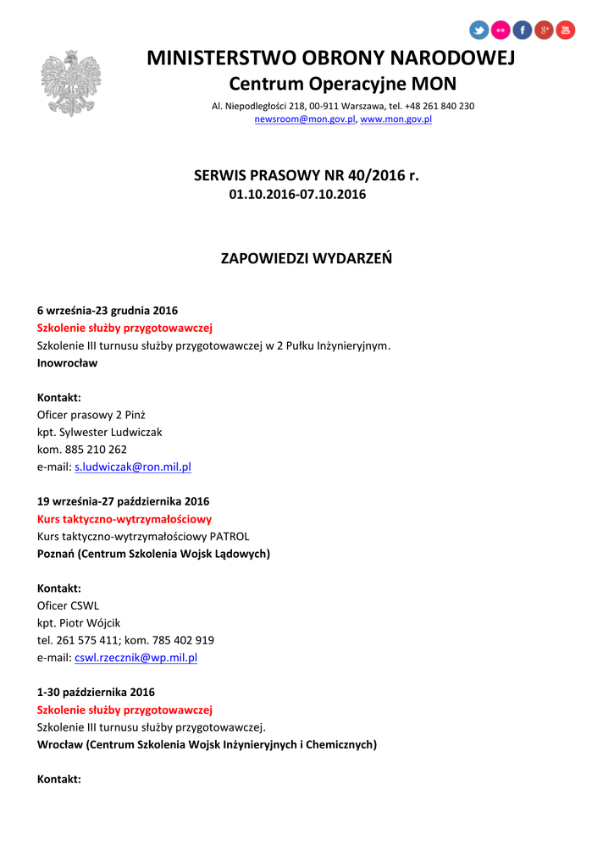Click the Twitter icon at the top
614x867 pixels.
point(479,30)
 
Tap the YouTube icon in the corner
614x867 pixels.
point(565,30)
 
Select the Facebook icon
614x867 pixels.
point(522,30)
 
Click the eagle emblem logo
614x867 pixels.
point(70,83)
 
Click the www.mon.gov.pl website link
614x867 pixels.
point(396,119)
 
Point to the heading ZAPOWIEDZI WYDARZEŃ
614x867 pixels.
point(307,258)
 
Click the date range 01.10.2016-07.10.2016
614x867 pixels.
point(297,195)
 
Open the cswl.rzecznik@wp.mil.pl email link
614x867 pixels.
point(136,657)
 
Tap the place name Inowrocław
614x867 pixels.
point(68,363)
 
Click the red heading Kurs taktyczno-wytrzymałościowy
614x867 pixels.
point(124,519)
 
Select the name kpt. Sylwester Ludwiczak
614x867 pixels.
point(100,432)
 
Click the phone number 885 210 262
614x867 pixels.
point(96,450)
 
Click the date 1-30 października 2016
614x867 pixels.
point(96,692)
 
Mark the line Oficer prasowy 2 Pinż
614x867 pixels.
point(91,415)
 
